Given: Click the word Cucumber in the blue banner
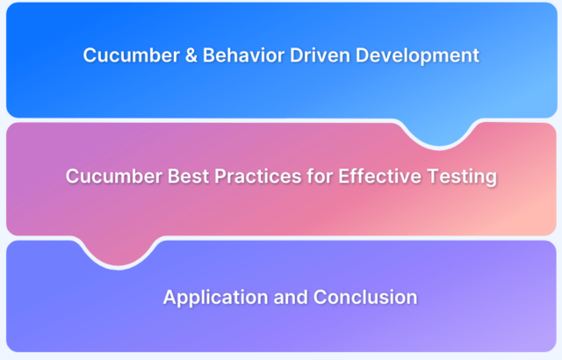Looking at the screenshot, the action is pos(131,55).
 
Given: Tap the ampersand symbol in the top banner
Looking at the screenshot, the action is pos(191,55).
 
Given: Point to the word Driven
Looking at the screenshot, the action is pos(320,55).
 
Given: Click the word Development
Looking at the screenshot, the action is pos(417,56).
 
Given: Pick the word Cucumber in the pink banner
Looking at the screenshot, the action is pos(113,176).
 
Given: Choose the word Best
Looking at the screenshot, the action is pos(188,176).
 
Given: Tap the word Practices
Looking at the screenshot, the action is pos(258,176).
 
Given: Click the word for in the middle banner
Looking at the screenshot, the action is pos(320,176).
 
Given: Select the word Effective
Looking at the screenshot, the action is pos(380,176).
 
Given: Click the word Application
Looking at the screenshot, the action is pos(215,298).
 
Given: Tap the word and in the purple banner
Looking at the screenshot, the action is pos(291,298).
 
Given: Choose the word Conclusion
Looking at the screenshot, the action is pos(365,298).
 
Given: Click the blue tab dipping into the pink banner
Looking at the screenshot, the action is pos(439,133).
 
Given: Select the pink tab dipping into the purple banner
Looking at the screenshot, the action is pos(119,251).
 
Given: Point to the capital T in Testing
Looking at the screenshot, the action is pos(434,176).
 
